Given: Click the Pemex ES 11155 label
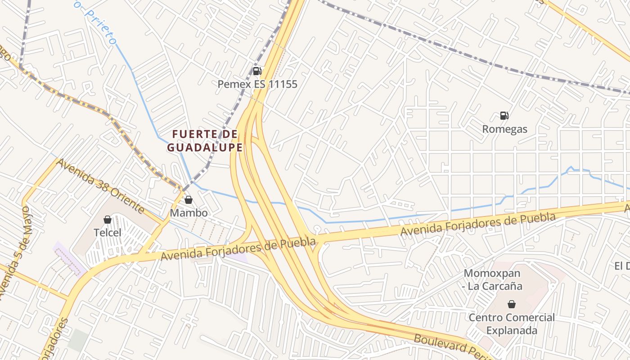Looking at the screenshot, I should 257,84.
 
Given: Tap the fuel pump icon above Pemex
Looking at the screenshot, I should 257,71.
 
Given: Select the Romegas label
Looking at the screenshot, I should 504,129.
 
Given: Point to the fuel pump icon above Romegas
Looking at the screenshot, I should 504,116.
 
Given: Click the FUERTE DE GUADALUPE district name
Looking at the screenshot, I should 205,141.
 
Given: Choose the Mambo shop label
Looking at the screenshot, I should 189,213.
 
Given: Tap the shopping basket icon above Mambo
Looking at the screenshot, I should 189,199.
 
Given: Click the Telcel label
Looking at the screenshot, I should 108,233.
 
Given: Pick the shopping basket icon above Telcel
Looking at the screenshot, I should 108,220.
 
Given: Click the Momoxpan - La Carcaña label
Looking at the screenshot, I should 493,279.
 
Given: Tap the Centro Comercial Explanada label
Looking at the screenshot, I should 512,324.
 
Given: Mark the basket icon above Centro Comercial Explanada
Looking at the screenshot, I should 511,304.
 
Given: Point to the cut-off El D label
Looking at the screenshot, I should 622,266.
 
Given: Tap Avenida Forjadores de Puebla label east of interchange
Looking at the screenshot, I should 478,224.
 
